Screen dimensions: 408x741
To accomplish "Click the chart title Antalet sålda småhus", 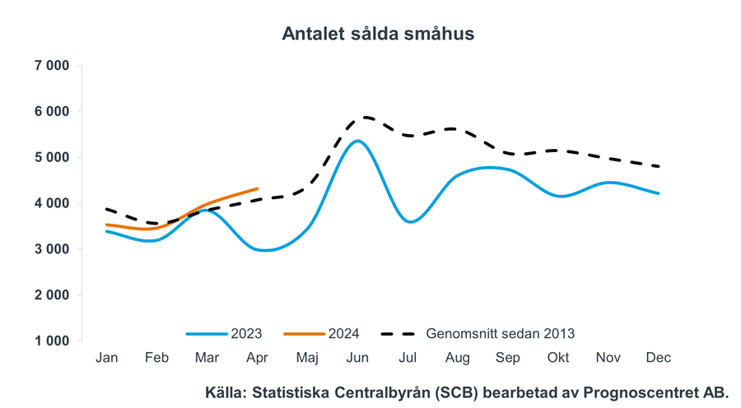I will [x=378, y=34].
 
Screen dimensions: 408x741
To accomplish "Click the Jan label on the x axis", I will [x=106, y=358].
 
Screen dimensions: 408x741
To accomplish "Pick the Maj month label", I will [x=307, y=358].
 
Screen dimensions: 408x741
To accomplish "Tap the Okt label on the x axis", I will [x=558, y=358].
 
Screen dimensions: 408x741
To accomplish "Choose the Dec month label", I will [x=659, y=358].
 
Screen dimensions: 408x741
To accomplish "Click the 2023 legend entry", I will [x=246, y=334].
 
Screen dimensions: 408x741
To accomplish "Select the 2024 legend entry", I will [x=343, y=334].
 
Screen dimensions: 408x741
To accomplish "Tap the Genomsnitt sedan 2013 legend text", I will [x=501, y=334].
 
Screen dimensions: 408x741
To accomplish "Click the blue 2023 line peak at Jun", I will [x=357, y=141].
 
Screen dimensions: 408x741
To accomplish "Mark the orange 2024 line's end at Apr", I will [x=258, y=189].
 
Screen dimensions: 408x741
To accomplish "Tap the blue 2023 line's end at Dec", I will [x=659, y=193].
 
